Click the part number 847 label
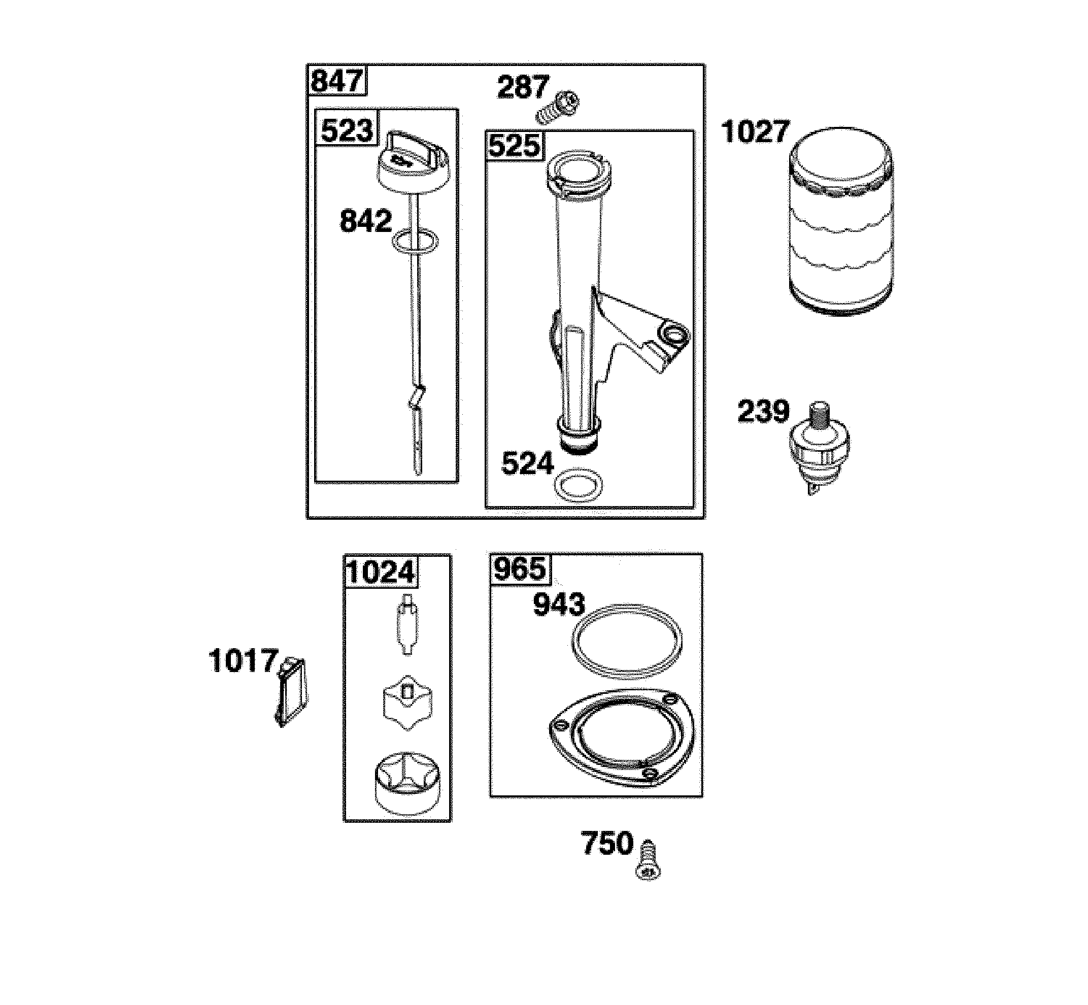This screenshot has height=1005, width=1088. (x=337, y=82)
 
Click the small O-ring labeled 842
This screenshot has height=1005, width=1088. (x=414, y=242)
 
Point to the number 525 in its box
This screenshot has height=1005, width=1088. (x=515, y=146)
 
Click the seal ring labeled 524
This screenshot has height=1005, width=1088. (x=578, y=483)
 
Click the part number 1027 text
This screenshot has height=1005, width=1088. (x=755, y=132)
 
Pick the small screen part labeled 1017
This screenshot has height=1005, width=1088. (x=291, y=691)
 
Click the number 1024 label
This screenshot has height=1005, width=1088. (x=381, y=572)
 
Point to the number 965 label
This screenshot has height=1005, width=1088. (x=520, y=569)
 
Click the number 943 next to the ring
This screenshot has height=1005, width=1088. (x=559, y=605)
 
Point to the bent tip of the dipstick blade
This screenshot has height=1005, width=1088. (x=417, y=397)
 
